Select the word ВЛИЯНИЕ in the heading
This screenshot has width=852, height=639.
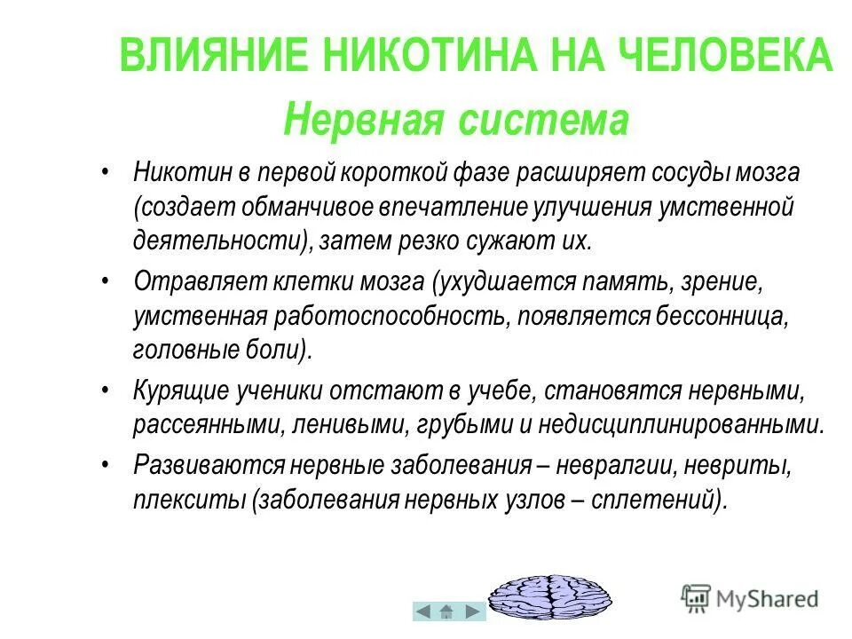click(x=212, y=57)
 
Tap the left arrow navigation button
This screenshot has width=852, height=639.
click(x=424, y=611)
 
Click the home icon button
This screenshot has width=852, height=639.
click(x=448, y=611)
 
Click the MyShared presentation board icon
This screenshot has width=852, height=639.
click(x=696, y=596)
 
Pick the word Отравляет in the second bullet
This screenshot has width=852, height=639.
click(x=184, y=281)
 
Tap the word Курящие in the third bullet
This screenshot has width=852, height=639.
click(x=179, y=390)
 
